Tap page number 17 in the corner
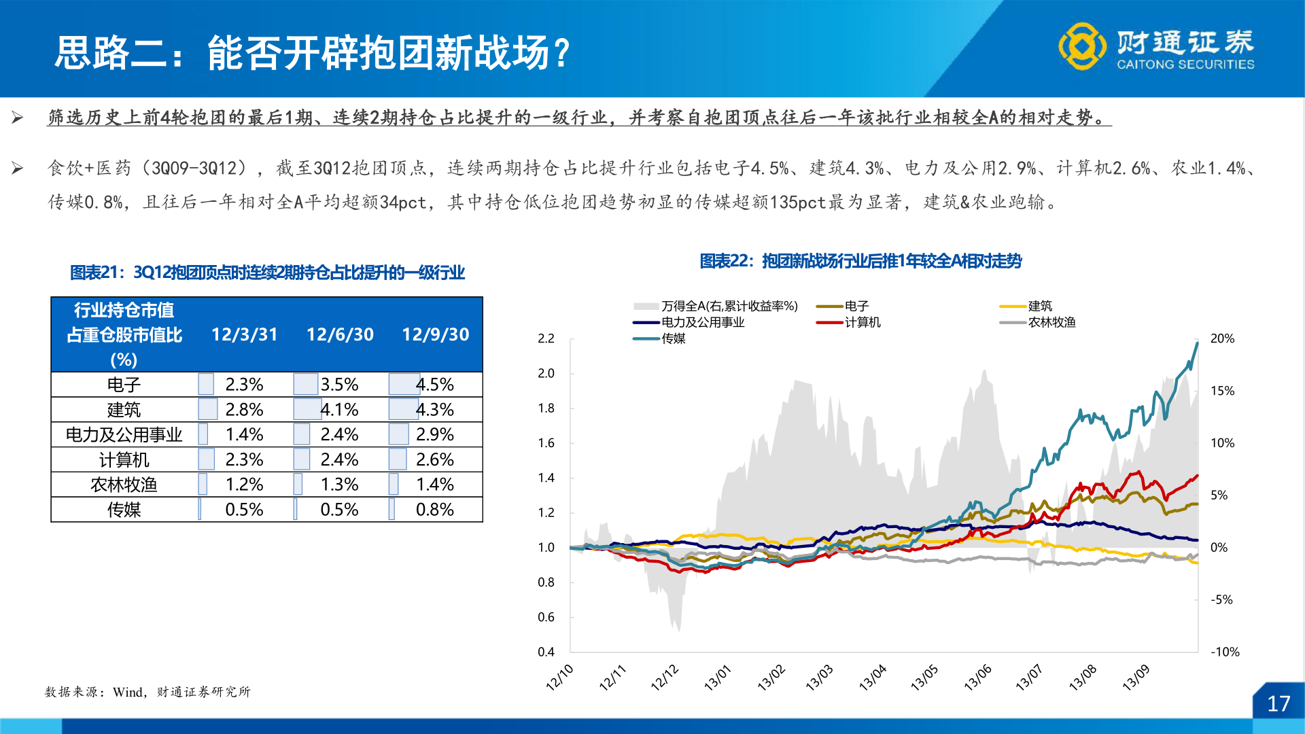pos(1278,703)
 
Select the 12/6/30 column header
pos(340,334)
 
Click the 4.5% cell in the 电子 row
pos(435,385)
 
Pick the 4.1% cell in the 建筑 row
pos(340,410)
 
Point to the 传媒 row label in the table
pos(124,510)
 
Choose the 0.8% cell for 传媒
pos(435,510)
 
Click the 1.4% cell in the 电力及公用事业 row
pos(244,434)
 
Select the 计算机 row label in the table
pos(124,460)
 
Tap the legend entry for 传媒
pos(673,338)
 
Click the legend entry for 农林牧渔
pos(1051,322)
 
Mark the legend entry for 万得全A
pos(729,307)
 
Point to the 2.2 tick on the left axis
pos(546,338)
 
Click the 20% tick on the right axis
pos(1222,338)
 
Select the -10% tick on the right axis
pos(1225,652)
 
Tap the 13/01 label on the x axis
pos(718,678)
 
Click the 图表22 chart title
pos(860,261)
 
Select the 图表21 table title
pos(267,273)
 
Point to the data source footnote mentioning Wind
pos(147,692)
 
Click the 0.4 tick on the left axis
pos(546,652)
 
